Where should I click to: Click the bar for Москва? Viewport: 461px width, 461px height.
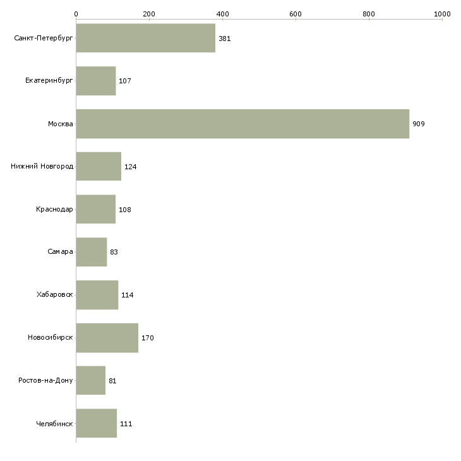[242, 124]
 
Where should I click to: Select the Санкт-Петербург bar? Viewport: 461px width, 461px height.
[146, 39]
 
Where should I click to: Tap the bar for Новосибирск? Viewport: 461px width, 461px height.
[107, 338]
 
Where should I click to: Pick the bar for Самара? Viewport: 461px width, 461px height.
[92, 252]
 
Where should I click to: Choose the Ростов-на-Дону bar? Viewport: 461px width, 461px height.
[91, 381]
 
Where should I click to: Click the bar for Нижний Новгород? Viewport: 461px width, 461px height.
[99, 167]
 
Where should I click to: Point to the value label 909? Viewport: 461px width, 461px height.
[419, 124]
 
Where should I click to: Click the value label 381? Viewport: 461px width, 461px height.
[225, 39]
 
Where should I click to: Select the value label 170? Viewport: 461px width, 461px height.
[148, 338]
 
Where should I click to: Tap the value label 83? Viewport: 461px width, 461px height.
[114, 252]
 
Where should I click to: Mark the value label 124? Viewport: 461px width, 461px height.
[131, 167]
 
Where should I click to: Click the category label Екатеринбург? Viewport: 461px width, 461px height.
[49, 81]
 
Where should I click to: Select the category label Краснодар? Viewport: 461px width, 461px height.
[54, 209]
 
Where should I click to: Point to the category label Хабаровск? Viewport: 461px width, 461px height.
[54, 295]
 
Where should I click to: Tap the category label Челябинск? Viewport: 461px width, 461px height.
[54, 423]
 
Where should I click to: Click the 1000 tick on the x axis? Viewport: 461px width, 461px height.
[442, 13]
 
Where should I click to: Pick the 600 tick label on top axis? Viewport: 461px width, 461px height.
[296, 13]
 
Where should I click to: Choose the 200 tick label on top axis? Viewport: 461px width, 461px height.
[149, 13]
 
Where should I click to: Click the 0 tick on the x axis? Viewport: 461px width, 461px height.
[76, 13]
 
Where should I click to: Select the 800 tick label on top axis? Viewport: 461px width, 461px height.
[369, 13]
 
